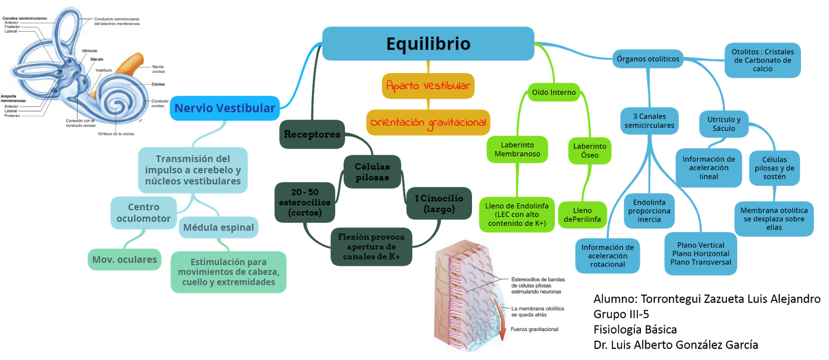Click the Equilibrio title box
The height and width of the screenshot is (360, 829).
point(428,44)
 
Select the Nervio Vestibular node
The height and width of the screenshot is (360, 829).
point(225,108)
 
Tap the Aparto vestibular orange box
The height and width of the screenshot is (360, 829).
point(428,86)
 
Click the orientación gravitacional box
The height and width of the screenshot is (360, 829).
point(428,123)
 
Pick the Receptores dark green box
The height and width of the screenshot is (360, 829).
point(312,135)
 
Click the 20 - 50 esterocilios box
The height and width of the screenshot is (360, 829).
point(305,203)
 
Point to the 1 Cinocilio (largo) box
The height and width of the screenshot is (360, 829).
point(439,204)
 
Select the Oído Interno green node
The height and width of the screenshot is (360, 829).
point(554,93)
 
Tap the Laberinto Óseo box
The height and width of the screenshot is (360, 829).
point(590,151)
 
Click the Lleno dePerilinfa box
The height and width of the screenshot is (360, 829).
point(582,215)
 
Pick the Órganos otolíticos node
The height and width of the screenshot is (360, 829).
point(648,59)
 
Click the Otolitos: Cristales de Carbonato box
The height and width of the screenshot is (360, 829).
point(763,60)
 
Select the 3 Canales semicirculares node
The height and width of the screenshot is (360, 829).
point(649,121)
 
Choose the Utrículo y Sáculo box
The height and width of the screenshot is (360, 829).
point(724,124)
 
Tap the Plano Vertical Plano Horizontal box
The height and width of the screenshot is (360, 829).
point(701,254)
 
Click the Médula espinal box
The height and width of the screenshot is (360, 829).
point(219,228)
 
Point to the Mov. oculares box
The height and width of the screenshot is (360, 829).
point(124,260)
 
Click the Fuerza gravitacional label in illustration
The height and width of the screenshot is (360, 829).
point(534,329)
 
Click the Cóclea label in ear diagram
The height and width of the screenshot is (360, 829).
point(158,84)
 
